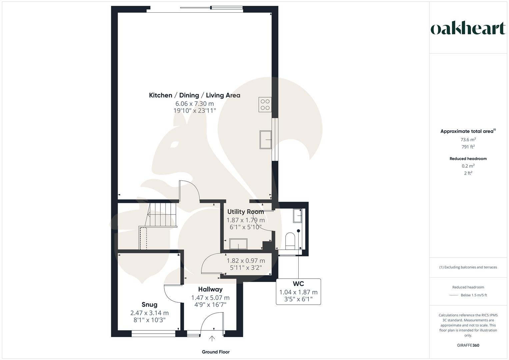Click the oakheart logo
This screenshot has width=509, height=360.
468,29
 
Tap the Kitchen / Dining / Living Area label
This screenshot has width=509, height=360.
194,95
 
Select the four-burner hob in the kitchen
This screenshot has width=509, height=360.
265,104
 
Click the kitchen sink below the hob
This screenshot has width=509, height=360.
265,139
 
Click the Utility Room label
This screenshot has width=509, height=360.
245,212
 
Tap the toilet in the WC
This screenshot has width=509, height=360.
290,240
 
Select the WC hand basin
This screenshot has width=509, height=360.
297,216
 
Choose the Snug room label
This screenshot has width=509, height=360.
149,304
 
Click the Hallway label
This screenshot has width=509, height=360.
210,289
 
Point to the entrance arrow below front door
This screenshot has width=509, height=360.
212,339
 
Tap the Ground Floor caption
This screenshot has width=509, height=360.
216,352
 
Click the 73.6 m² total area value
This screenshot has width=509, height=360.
468,140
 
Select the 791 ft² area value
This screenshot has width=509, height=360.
468,147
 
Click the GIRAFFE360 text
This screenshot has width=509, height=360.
468,345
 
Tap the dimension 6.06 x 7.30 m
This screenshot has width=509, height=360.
194,104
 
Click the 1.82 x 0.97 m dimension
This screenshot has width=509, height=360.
246,261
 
